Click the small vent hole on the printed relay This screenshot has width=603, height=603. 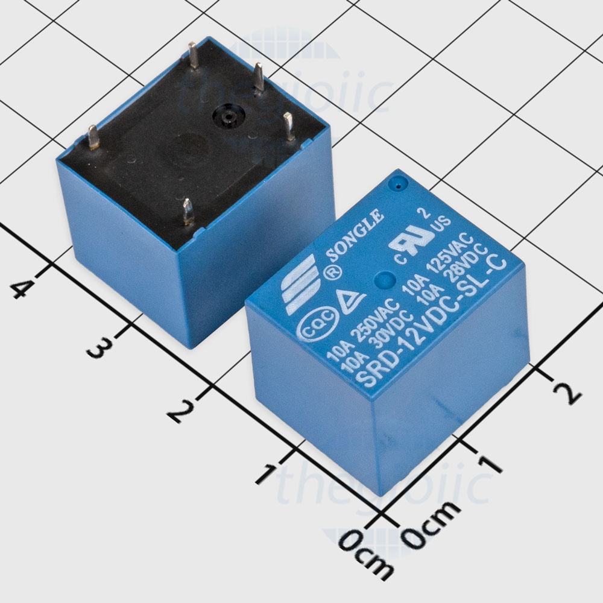click(397, 186)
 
